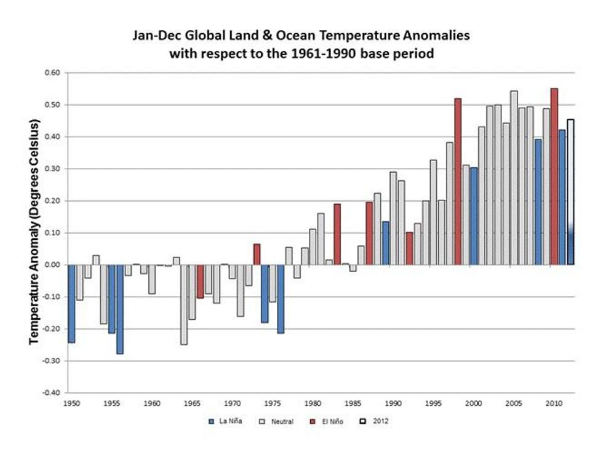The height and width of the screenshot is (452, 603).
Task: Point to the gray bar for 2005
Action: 514,178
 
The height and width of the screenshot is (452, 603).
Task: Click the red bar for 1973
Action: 257,254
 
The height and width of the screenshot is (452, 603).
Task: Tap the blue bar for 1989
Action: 385,243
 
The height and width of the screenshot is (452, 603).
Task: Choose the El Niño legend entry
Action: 330,421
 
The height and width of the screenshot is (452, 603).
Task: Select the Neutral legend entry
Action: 278,421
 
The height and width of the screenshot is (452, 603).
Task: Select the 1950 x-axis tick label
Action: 71,403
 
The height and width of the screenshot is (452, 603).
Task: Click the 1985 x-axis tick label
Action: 353,403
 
